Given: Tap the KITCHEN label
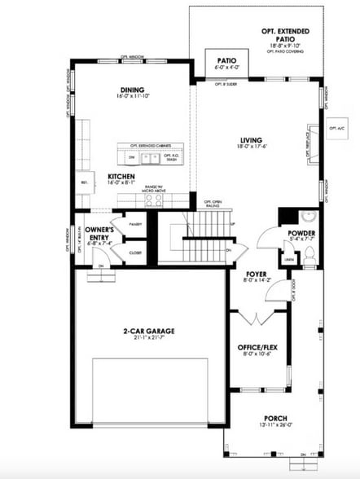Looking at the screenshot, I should [121, 176].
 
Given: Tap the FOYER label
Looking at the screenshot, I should [257, 274].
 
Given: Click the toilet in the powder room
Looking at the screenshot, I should [310, 252].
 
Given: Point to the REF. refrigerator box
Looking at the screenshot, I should [84, 182].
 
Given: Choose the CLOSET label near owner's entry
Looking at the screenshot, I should [134, 253].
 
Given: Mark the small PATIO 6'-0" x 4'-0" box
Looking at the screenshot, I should [218, 63].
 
